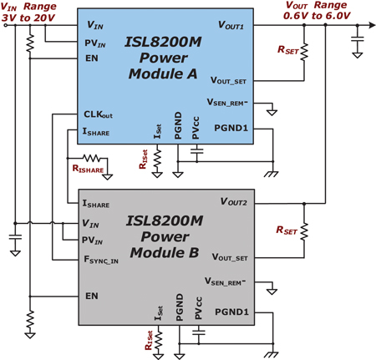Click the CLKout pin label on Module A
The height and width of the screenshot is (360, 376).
pos(98,114)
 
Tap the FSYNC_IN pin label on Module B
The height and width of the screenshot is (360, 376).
pos(101,260)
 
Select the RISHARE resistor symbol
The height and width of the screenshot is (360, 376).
pos(92,159)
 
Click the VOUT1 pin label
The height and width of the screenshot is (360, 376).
pos(231,25)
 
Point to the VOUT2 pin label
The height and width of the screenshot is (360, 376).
pos(233,201)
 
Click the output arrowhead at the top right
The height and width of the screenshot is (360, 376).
pos(373,25)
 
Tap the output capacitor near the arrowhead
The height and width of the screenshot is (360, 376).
pos(358,38)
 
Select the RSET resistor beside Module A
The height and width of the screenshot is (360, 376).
pos(304,52)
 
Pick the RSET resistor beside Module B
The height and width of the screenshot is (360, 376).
pos(304,231)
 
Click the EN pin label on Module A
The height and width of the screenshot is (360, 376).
pos(92,58)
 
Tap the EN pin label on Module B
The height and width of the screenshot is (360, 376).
pos(92,296)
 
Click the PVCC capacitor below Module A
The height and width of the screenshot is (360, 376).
pos(197,151)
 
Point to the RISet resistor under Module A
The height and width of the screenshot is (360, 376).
pos(157,158)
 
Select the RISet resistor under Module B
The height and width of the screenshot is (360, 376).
pos(159,340)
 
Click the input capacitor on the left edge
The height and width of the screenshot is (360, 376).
pos(15,237)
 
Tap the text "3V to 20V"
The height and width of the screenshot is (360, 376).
pos(28,18)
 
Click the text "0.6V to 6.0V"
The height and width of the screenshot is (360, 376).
pos(317,16)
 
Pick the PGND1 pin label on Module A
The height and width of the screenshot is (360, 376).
pos(231,128)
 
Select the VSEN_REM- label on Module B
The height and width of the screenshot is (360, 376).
pos(225,281)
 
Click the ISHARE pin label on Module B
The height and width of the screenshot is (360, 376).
pos(96,204)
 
